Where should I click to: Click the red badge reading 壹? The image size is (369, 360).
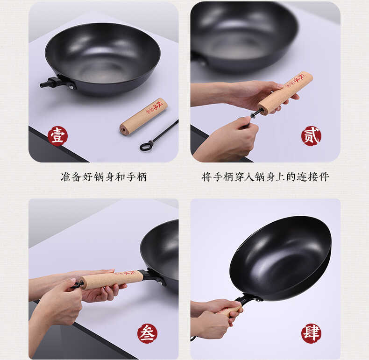(57, 136)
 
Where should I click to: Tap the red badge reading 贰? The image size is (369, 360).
(311, 136)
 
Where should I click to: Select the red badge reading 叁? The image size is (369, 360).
(147, 333)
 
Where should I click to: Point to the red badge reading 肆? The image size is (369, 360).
(311, 333)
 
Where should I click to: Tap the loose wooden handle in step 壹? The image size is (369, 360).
(143, 116)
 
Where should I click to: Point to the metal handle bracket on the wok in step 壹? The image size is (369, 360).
(58, 83)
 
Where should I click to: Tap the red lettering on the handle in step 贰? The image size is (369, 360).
(297, 81)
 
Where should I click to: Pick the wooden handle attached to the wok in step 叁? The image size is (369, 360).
(112, 280)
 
